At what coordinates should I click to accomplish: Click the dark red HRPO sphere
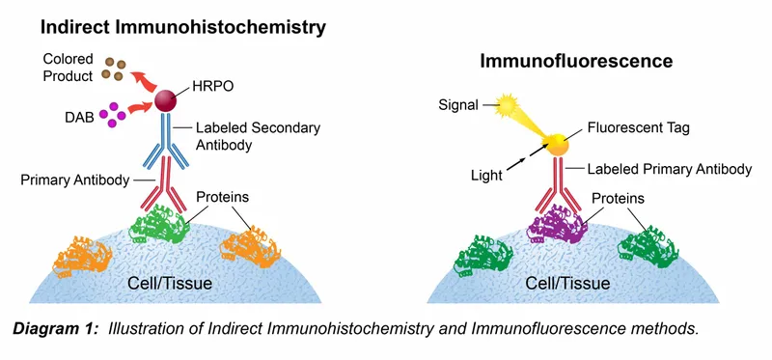click(167, 101)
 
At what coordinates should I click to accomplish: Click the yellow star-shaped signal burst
click(505, 101)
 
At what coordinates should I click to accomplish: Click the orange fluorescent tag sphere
click(557, 146)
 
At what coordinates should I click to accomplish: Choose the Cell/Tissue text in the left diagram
click(173, 285)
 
